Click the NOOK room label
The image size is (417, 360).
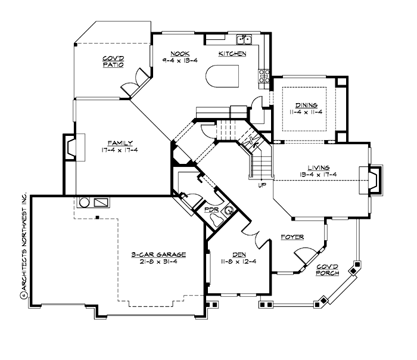pyautogui.click(x=176, y=54)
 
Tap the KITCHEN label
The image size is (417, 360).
pyautogui.click(x=232, y=54)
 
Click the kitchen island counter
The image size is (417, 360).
pyautogui.click(x=222, y=77)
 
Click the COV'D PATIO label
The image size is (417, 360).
pyautogui.click(x=113, y=61)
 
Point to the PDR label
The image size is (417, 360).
pyautogui.click(x=210, y=210)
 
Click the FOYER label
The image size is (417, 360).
pyautogui.click(x=292, y=237)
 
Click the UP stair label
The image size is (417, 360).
pyautogui.click(x=262, y=185)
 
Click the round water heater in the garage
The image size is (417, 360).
pyautogui.click(x=84, y=202)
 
